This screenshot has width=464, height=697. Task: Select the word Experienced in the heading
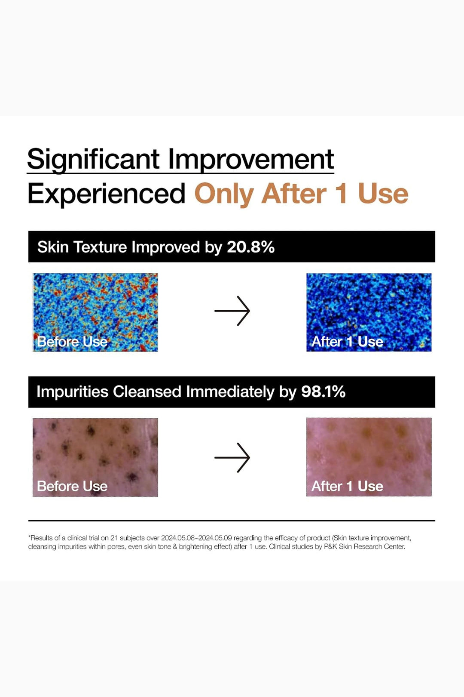[x=107, y=194]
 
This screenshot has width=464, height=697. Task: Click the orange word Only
[x=224, y=194]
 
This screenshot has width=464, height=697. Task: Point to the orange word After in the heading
[x=294, y=194]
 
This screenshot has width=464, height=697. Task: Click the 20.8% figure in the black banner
[x=251, y=247]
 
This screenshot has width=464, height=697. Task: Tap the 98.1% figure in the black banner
[x=323, y=392]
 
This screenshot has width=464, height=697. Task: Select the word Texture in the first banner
[x=100, y=247]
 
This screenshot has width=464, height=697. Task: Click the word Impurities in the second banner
[x=73, y=392]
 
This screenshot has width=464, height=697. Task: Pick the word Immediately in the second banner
[x=230, y=392]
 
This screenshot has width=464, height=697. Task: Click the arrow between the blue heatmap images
[x=232, y=311]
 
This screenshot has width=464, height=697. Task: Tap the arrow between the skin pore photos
[x=232, y=457]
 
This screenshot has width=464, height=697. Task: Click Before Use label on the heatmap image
[x=73, y=342]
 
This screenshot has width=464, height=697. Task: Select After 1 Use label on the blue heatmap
[x=347, y=342]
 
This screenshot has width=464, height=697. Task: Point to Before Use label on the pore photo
[x=73, y=486]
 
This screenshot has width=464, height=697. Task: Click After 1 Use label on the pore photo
[x=347, y=486]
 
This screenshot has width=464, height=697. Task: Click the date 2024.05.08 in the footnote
[x=178, y=538]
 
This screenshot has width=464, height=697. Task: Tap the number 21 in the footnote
[x=114, y=538]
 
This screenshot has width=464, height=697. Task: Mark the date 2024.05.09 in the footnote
[x=215, y=538]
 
